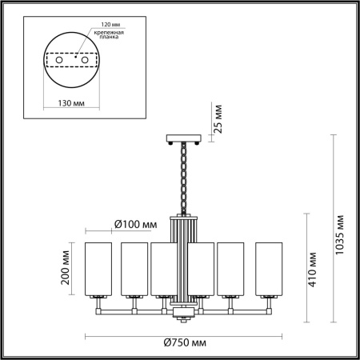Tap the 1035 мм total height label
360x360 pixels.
[341, 232]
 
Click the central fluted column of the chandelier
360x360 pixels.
[184, 256]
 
